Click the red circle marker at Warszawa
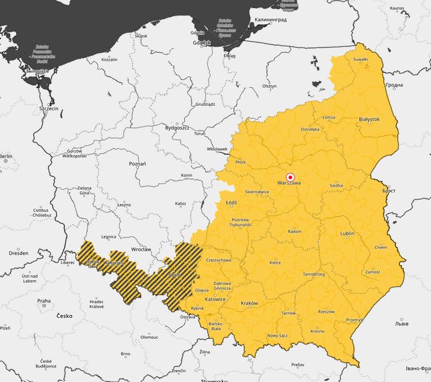click(290, 177)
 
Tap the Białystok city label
click(369, 119)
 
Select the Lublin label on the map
click(347, 233)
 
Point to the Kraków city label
click(249, 303)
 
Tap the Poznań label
click(137, 164)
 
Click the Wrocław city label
click(141, 249)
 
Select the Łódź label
click(232, 203)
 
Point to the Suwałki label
click(360, 59)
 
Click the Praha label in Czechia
click(44, 301)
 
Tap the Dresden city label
click(19, 253)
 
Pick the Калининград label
click(267, 20)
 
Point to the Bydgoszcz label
click(177, 127)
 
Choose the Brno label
click(125, 354)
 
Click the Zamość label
click(373, 272)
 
